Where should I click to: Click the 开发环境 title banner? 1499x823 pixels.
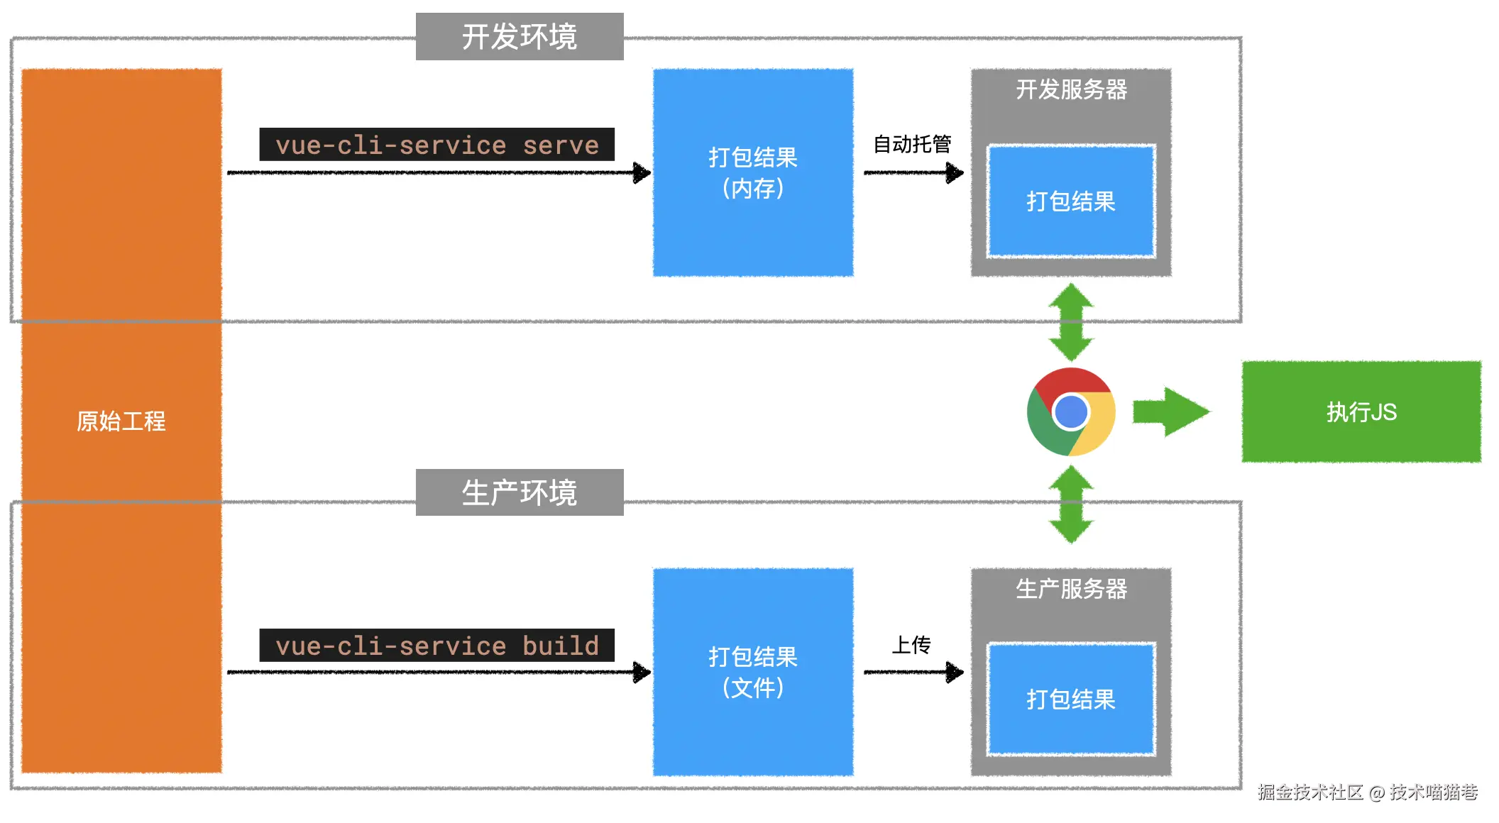click(x=519, y=37)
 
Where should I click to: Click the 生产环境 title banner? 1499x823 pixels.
click(x=519, y=492)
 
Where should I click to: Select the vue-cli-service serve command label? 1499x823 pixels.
click(x=436, y=145)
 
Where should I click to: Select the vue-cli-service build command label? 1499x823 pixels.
click(x=436, y=645)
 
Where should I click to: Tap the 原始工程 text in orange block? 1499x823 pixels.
click(x=121, y=421)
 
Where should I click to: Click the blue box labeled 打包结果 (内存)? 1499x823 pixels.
click(x=752, y=172)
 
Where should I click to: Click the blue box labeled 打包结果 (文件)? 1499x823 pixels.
click(x=752, y=671)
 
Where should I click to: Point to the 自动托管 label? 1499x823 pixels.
click(x=912, y=144)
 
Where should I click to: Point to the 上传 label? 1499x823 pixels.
click(x=911, y=644)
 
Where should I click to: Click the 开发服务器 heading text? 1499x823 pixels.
click(x=1071, y=90)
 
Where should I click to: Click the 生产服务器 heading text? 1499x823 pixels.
click(x=1071, y=589)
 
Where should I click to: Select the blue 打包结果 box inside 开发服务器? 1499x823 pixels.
click(x=1071, y=201)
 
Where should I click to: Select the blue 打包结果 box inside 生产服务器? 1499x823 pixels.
click(x=1071, y=700)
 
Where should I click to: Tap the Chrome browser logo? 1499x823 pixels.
click(x=1071, y=412)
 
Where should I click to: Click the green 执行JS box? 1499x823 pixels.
click(x=1361, y=412)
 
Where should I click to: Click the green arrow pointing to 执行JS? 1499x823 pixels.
click(x=1170, y=412)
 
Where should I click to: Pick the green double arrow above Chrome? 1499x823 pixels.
click(x=1071, y=322)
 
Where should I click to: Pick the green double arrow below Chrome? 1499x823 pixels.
click(x=1071, y=504)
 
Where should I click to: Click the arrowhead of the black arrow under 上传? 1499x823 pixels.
click(x=955, y=672)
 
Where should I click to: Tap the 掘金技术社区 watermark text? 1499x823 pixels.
click(x=1310, y=792)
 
